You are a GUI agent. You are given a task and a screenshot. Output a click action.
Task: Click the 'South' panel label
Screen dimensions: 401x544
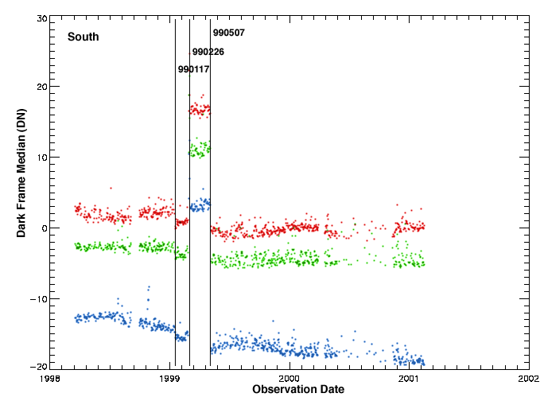(83, 37)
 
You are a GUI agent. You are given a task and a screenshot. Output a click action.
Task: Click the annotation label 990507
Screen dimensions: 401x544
(228, 33)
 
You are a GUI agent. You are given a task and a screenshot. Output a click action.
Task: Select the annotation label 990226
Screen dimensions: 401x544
(208, 52)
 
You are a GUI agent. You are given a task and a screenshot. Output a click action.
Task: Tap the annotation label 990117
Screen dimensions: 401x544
(193, 69)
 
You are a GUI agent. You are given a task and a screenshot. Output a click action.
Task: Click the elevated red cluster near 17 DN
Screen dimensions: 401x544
(200, 109)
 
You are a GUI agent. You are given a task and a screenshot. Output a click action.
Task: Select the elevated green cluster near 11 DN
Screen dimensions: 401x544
(199, 149)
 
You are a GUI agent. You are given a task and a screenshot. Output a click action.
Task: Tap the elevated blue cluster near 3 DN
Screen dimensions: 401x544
(200, 205)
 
